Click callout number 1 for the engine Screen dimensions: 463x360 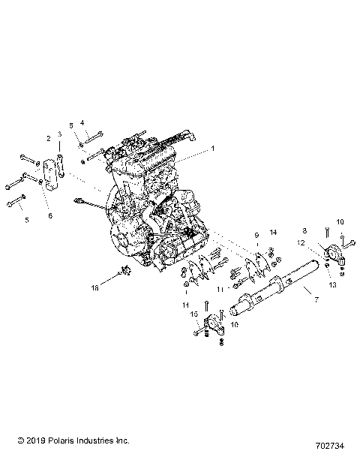tap(212, 149)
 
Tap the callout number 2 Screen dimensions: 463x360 tap(49, 139)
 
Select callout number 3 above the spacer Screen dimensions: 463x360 tap(60, 134)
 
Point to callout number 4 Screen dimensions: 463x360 tap(82, 122)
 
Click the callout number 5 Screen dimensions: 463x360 tap(27, 220)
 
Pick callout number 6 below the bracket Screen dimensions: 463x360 tap(50, 215)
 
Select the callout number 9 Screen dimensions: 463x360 tap(256, 235)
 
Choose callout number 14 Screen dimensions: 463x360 tap(274, 233)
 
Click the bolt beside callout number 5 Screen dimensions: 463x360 tap(15, 203)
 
